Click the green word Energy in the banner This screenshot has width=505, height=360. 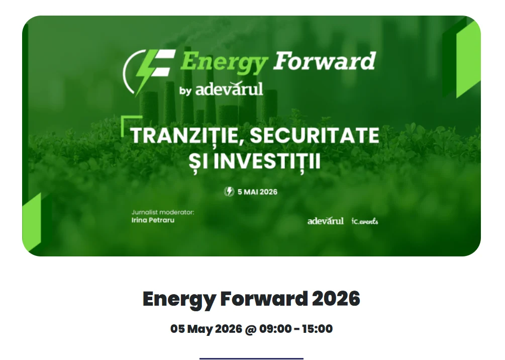pos(224,62)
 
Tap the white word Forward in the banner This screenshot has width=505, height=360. pos(324,61)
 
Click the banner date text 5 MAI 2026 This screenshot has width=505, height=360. pos(257,192)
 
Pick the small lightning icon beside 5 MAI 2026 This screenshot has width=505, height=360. pos(229,192)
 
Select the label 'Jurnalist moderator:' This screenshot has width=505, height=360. pos(162,212)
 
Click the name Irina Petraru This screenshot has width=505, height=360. pos(153,220)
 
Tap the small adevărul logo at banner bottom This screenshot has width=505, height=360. pos(326,221)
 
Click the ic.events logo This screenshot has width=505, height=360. pos(365,221)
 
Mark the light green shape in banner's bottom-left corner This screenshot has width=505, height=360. pos(32,221)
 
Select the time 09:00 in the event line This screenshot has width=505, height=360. pos(275,329)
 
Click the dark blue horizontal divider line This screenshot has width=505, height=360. pos(251,358)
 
